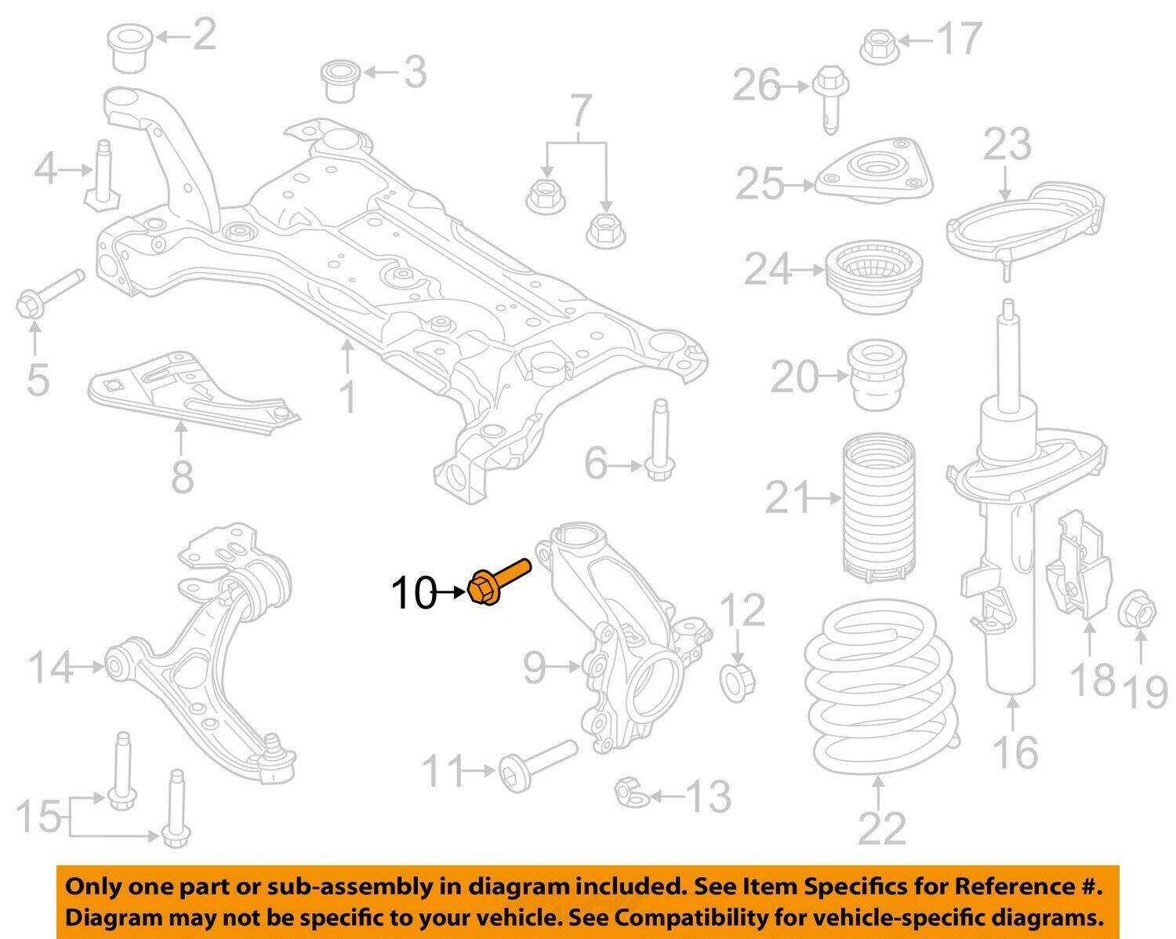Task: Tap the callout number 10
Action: point(413,594)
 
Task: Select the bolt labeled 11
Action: point(535,766)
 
